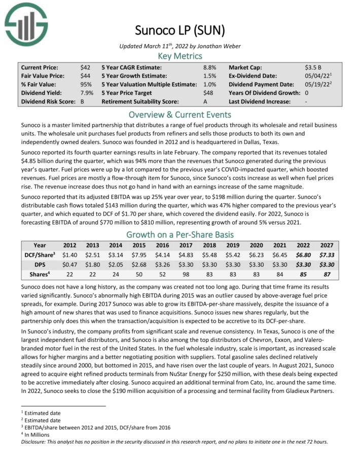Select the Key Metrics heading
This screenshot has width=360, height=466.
[x=180, y=56]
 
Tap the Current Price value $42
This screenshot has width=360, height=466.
[x=85, y=67]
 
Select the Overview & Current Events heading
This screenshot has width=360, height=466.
[x=180, y=114]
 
